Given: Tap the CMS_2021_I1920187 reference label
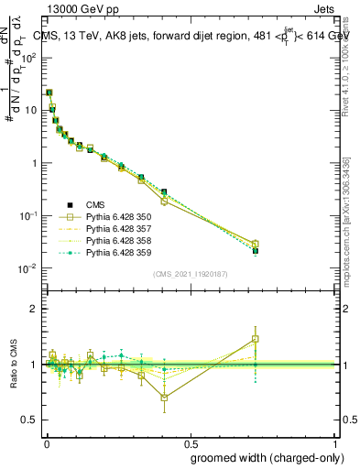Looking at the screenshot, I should (190, 274).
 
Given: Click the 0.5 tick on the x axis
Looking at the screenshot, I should (191, 442).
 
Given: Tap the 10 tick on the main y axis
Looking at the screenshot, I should (30, 110).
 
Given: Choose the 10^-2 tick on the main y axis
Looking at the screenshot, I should (30, 268).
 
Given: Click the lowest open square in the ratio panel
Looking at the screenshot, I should (164, 398).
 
